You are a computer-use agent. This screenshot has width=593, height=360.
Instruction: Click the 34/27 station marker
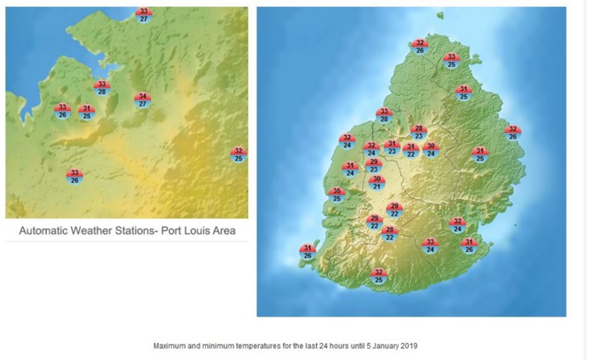pos(143,100)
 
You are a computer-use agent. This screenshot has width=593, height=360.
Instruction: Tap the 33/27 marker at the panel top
pos(144,14)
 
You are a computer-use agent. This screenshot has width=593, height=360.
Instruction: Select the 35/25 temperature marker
pos(336,195)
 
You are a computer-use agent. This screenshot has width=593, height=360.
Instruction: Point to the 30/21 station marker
pos(377,183)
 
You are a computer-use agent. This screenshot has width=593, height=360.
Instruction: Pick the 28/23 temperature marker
pos(418,132)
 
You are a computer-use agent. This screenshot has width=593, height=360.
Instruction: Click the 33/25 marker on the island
pos(452,60)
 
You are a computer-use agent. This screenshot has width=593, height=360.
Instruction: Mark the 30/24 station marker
pos(431,150)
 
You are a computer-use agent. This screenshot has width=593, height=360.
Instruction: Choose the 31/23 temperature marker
pos(392,148)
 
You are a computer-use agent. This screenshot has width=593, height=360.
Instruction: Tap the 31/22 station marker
pos(411,150)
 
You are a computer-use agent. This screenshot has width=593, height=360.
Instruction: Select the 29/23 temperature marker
pos(374,166)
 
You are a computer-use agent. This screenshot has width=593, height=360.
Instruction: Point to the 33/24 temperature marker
pos(430,246)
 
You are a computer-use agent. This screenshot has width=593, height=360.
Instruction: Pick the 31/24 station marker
pos(350,169)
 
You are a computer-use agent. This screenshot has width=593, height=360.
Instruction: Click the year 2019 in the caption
pos(408,346)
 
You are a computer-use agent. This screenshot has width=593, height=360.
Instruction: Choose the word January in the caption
pos(380,346)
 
